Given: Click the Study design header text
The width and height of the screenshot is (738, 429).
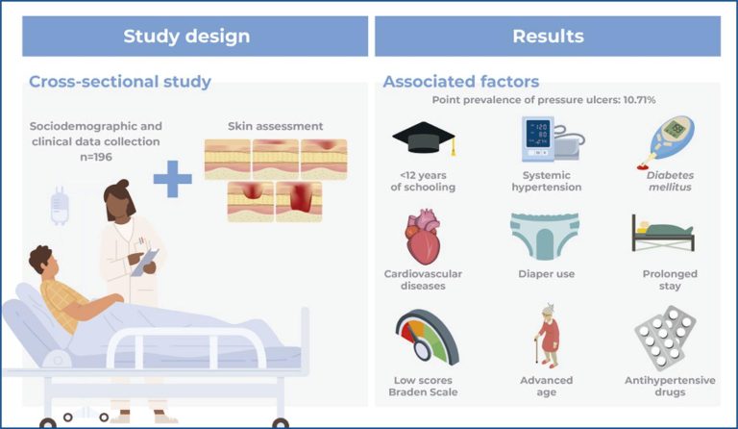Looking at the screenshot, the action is [186, 37].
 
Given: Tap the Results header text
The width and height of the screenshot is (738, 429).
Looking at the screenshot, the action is [548, 37].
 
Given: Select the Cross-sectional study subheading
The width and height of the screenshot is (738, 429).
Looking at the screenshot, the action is [120, 82].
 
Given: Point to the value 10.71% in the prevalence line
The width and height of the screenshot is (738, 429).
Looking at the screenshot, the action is [639, 100].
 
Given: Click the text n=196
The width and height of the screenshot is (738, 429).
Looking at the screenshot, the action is [96, 157].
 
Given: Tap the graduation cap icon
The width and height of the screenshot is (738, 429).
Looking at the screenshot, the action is [424, 139].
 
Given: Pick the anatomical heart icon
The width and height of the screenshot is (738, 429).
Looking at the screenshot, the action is [423, 237].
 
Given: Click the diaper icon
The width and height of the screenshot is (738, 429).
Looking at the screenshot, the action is [545, 236].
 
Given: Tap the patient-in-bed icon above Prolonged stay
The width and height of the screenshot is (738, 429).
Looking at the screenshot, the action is [663, 233].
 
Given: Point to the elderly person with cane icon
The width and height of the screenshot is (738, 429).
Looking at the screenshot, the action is [548, 336].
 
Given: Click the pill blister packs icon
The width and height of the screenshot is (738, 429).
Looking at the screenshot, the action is [665, 338].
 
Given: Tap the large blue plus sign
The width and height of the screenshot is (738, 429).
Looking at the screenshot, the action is [173, 179].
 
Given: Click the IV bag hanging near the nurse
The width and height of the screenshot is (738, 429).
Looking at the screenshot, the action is [60, 206].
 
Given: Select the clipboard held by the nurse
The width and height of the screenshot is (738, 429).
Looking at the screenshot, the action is [144, 263].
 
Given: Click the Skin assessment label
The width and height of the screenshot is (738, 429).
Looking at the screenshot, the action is [276, 126].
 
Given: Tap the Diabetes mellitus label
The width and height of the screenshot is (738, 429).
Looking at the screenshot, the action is [670, 181].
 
